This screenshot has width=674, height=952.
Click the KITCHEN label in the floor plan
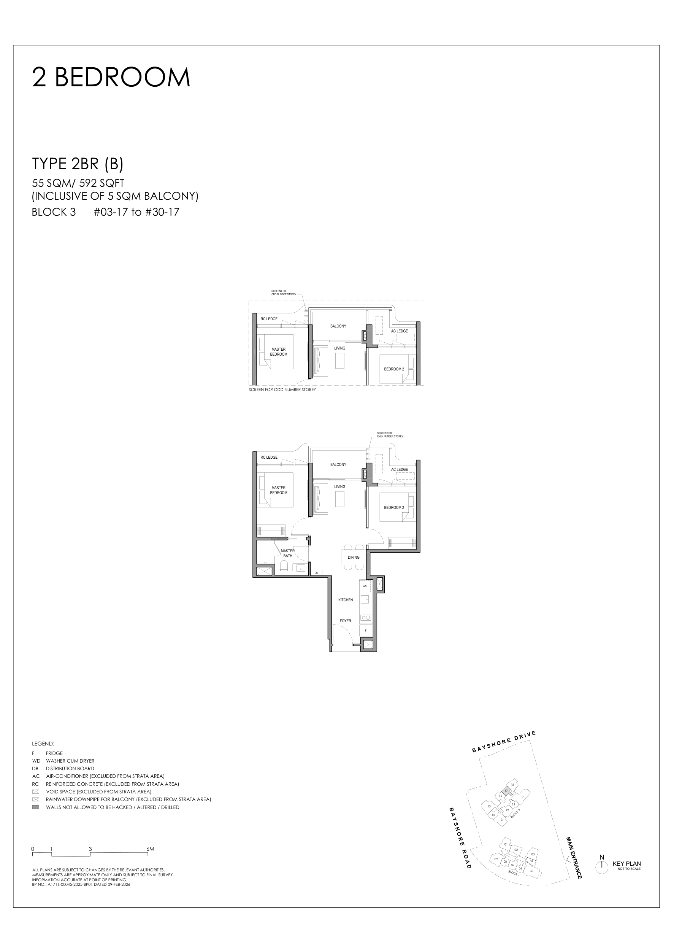pos(345,600)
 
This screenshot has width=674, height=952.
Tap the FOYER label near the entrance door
pos(345,621)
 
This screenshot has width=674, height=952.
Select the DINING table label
pos(354,557)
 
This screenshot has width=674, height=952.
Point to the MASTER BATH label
pos(288,553)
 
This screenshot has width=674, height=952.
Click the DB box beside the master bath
pos(316,572)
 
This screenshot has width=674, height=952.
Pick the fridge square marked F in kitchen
pos(366,630)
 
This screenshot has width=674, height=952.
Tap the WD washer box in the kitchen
pos(365,586)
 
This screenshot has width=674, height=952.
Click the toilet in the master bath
pos(284,566)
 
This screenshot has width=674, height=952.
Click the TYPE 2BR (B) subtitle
pos(78,164)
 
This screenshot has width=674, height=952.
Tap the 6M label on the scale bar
pos(150,849)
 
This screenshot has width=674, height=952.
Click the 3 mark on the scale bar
pos(90,849)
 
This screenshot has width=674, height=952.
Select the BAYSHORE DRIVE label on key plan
pos(504,742)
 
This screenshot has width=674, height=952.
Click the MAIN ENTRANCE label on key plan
pos(574,857)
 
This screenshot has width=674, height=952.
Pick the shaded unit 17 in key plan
pos(506,790)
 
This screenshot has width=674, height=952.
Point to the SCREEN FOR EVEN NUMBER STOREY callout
pos(390,435)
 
